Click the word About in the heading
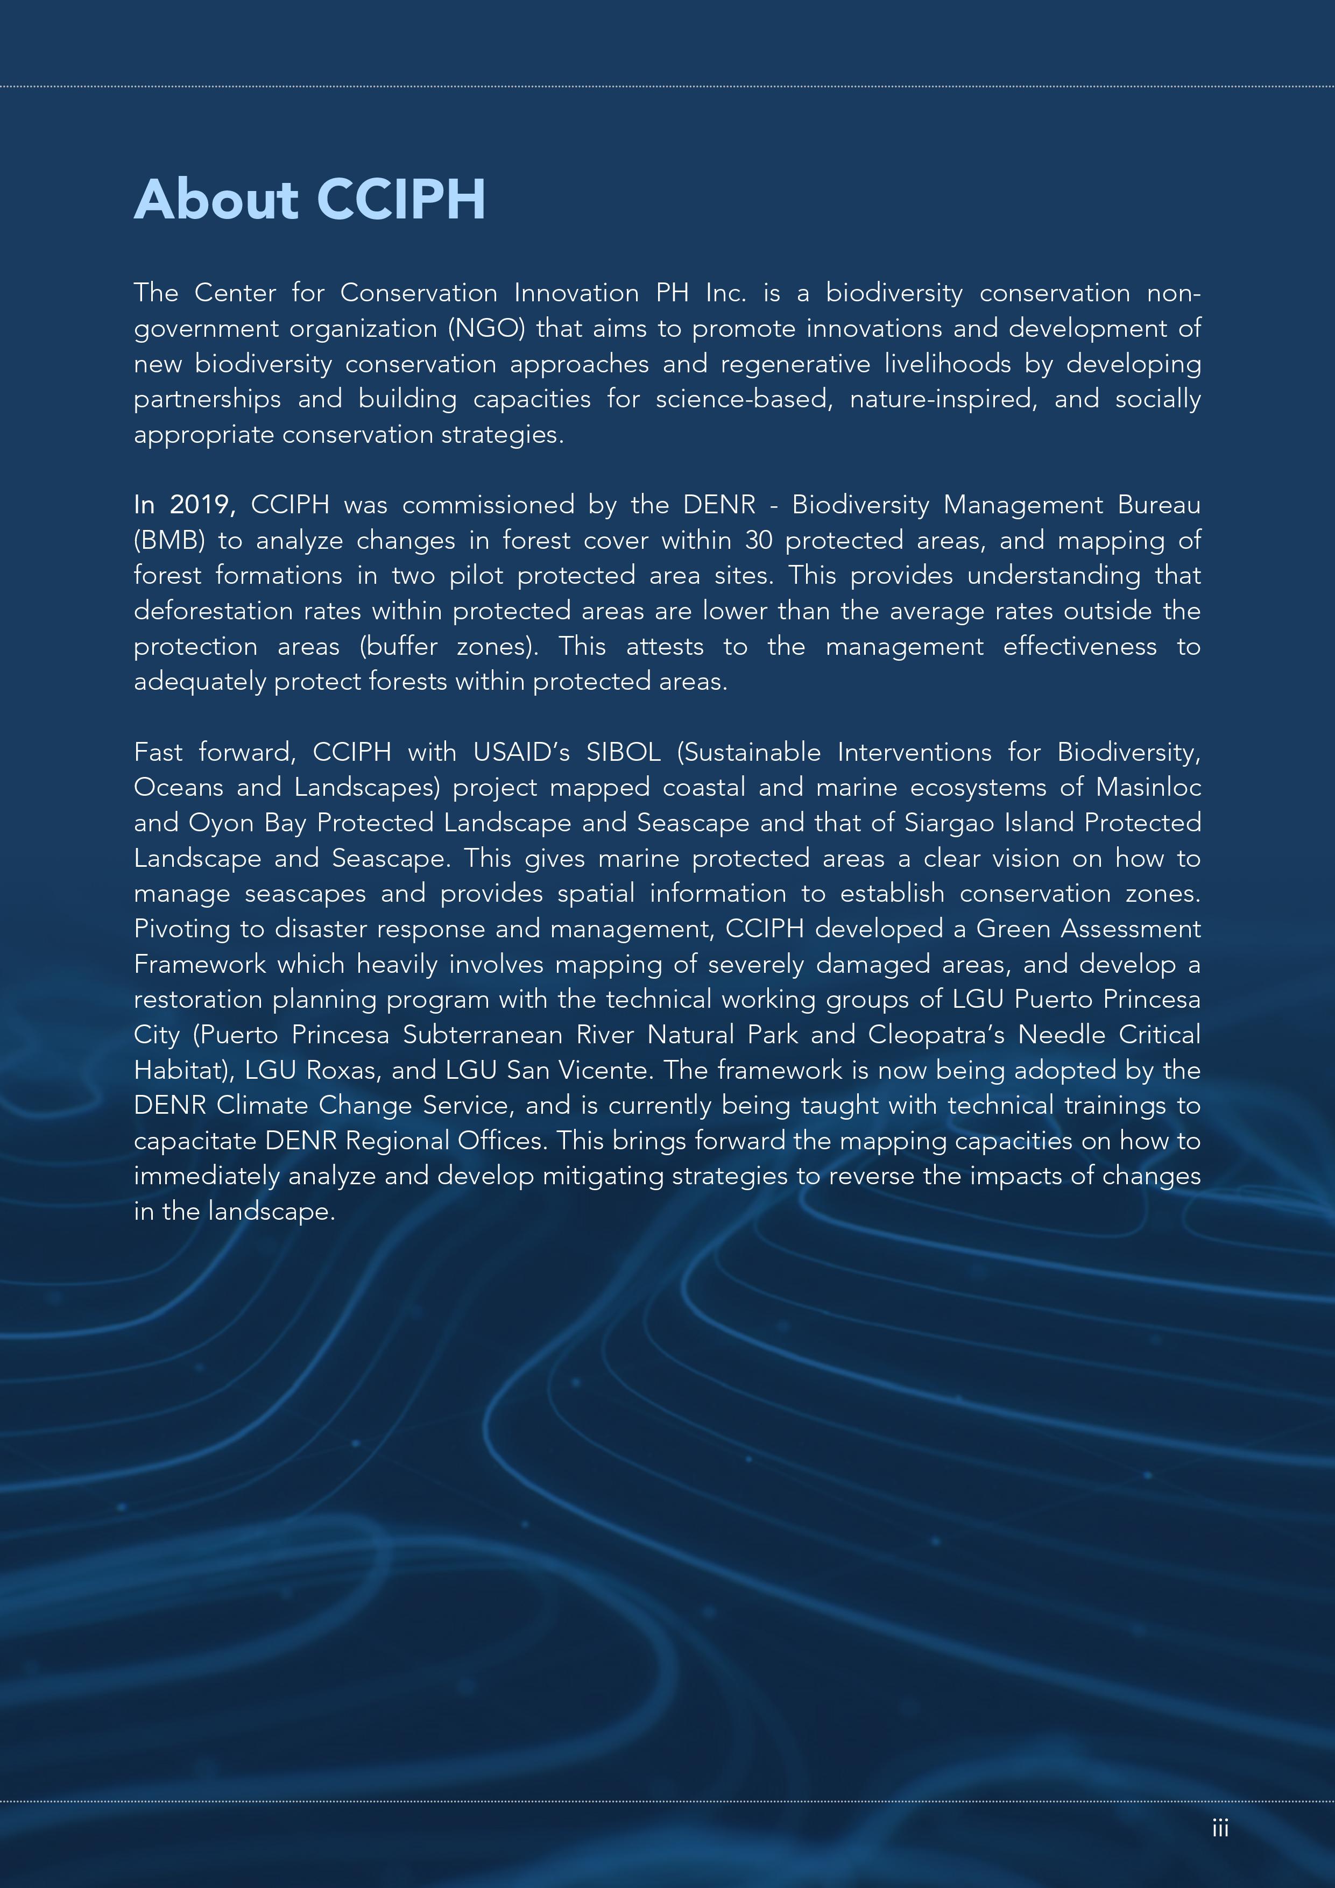[216, 200]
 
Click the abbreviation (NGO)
[486, 329]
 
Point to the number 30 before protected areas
[758, 540]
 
